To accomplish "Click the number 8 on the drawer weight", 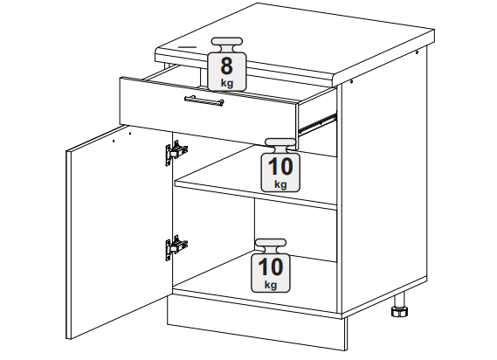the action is pyautogui.click(x=226, y=66).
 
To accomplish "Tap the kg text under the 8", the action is pyautogui.click(x=227, y=83).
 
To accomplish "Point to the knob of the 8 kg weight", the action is pyautogui.click(x=227, y=42).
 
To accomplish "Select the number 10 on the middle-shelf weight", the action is pyautogui.click(x=280, y=167).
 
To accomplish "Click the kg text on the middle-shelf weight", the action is pyautogui.click(x=280, y=184).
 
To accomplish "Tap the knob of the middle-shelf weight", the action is pyautogui.click(x=280, y=142).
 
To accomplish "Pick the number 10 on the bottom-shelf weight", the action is pyautogui.click(x=271, y=267).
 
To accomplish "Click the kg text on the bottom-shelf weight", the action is pyautogui.click(x=271, y=285).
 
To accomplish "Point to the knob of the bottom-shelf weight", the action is pyautogui.click(x=271, y=243).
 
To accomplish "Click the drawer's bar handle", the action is pyautogui.click(x=204, y=100).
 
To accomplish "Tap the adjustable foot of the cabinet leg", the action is pyautogui.click(x=399, y=311).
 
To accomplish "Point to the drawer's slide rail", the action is pyautogui.click(x=317, y=123).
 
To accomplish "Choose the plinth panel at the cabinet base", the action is pyautogui.click(x=256, y=323).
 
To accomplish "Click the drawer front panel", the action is pyautogui.click(x=208, y=111).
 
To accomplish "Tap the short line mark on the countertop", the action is pyautogui.click(x=188, y=47).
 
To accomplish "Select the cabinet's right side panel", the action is pyautogui.click(x=383, y=181).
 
